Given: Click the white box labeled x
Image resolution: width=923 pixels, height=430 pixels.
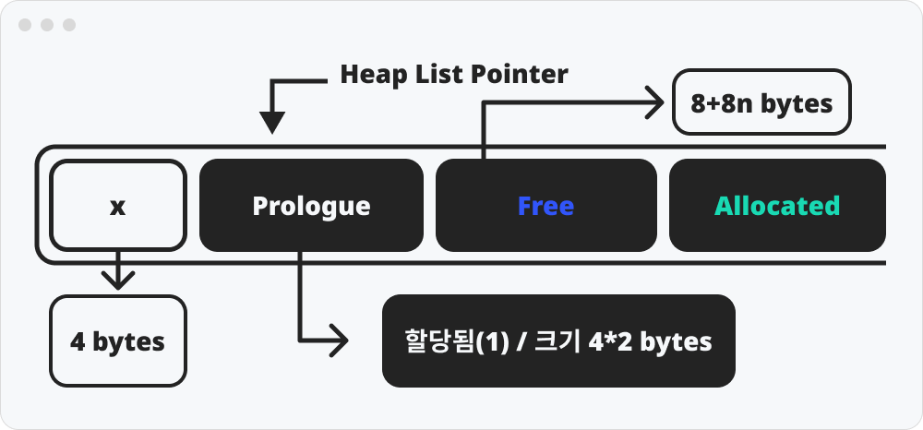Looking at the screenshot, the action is point(118,205).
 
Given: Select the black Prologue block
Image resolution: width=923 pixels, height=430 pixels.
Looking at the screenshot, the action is point(311,205).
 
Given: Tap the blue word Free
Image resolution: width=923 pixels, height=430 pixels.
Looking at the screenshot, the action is point(545,206).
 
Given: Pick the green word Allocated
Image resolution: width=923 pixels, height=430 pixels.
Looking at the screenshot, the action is point(777,206).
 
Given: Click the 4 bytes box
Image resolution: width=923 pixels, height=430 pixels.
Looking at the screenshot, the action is point(118,341).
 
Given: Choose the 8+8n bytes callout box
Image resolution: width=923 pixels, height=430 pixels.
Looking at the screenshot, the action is point(761,102).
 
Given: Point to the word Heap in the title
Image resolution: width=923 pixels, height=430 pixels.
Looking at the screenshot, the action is point(368,76).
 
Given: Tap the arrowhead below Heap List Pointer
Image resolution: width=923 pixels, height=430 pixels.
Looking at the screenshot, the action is point(272,123).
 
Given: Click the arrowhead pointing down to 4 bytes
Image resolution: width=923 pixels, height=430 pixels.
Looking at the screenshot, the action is point(118,281).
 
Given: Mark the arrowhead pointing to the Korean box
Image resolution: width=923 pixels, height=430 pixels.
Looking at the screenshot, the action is point(340,340).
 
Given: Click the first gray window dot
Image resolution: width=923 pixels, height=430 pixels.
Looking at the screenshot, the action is point(25,25).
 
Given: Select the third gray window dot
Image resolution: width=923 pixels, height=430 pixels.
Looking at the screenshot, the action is point(69,25).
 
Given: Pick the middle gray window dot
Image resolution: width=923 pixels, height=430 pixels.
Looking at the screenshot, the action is point(47,25).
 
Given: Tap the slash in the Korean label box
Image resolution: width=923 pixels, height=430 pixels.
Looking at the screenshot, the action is point(521,341).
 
